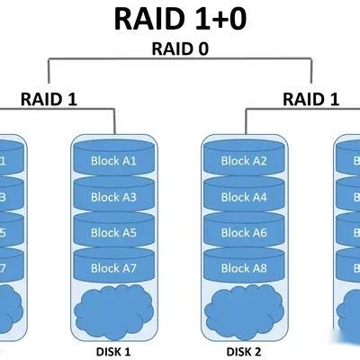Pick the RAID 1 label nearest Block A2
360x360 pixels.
pyautogui.click(x=311, y=100)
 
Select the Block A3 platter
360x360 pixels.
pyautogui.click(x=116, y=197)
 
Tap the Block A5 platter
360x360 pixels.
pyautogui.click(x=116, y=232)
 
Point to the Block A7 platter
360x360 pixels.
pyautogui.click(x=116, y=267)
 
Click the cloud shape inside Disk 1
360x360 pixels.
pyautogui.click(x=116, y=309)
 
